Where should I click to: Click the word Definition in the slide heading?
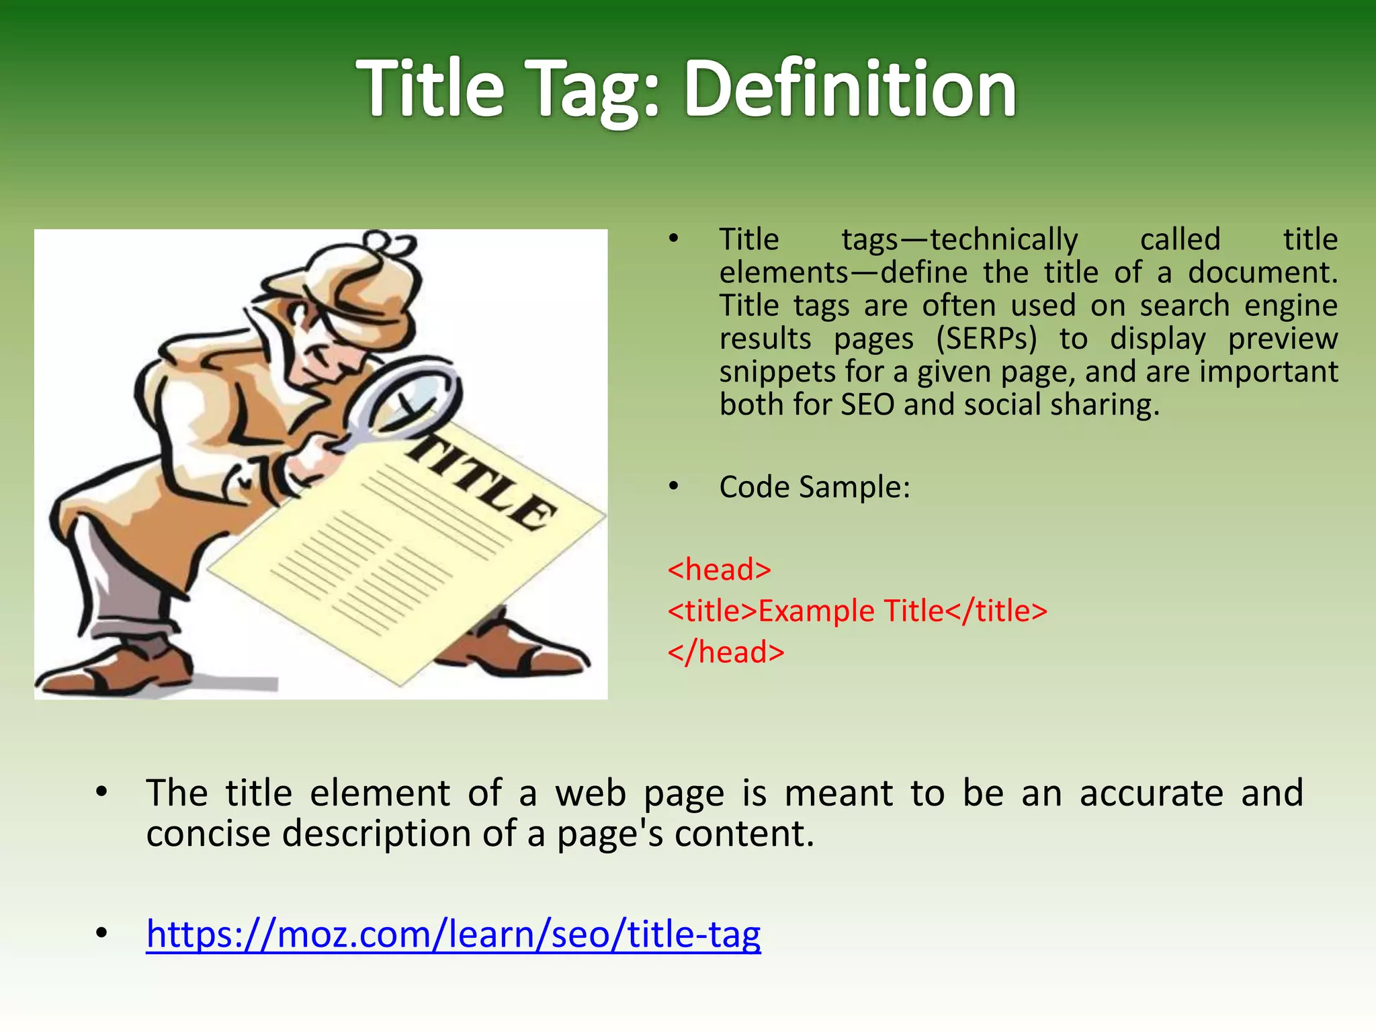(x=850, y=89)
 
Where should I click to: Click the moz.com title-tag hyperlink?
(x=454, y=934)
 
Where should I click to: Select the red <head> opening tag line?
(x=719, y=570)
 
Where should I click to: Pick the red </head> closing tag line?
(x=726, y=652)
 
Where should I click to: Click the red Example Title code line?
(x=857, y=611)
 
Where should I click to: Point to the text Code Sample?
(x=814, y=487)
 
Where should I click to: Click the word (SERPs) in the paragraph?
(x=986, y=339)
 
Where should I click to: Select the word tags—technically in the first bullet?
(x=959, y=240)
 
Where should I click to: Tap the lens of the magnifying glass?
(x=410, y=396)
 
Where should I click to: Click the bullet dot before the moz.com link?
(x=101, y=933)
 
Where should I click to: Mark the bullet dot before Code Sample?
(x=674, y=486)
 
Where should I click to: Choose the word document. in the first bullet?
(x=1262, y=273)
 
